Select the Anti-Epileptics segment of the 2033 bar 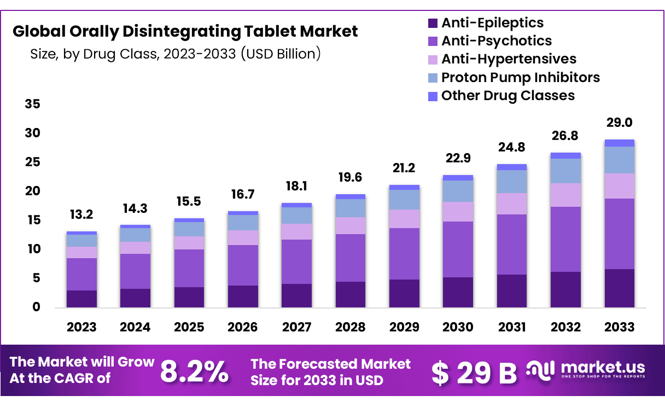click(x=620, y=288)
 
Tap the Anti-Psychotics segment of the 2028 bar click(x=351, y=258)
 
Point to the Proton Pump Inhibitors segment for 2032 click(x=565, y=171)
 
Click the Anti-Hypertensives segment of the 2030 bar click(x=458, y=212)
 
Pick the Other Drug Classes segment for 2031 click(x=512, y=167)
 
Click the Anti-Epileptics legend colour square click(x=433, y=23)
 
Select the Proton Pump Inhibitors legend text click(x=520, y=77)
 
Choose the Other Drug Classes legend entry click(x=507, y=96)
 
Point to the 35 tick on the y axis click(x=33, y=104)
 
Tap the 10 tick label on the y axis click(x=33, y=249)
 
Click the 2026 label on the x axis click(x=243, y=327)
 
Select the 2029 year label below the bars click(x=404, y=327)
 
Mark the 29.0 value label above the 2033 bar click(x=620, y=123)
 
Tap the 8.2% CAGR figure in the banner click(x=194, y=372)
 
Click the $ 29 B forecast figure click(x=474, y=373)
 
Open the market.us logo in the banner click(x=585, y=369)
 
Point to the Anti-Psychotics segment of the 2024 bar click(x=135, y=271)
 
